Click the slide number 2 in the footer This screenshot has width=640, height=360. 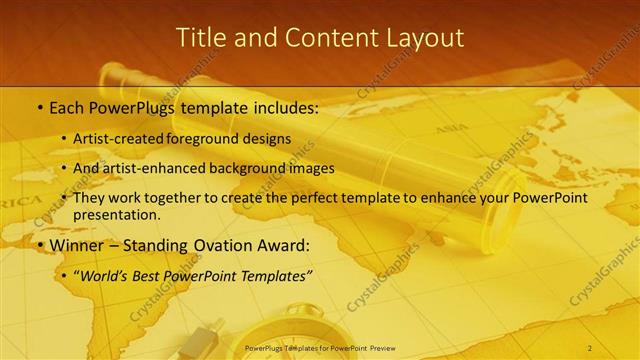tap(590, 347)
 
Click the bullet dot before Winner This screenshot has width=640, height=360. tap(39, 245)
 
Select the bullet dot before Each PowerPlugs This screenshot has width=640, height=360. tap(39, 106)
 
